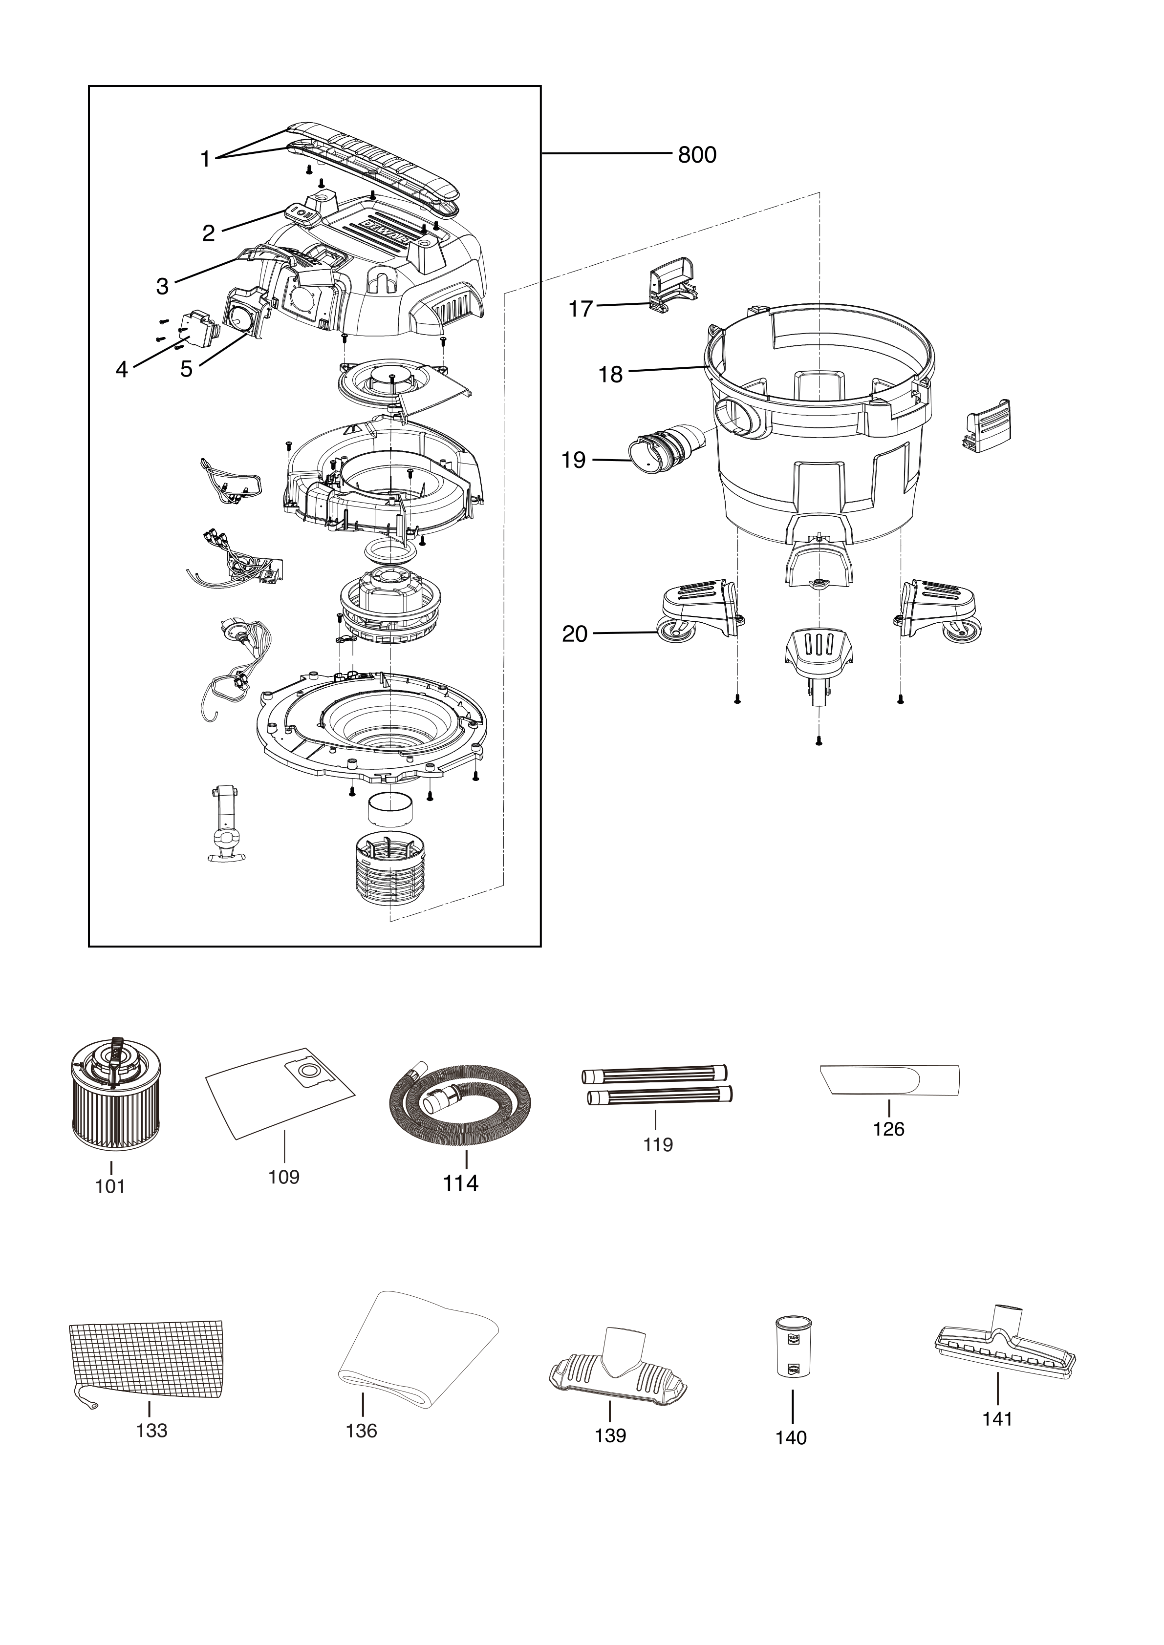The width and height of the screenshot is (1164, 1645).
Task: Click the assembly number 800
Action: pyautogui.click(x=697, y=155)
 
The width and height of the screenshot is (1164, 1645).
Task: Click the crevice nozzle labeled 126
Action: pyautogui.click(x=889, y=1080)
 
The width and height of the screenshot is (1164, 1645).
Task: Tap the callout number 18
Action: pyautogui.click(x=611, y=375)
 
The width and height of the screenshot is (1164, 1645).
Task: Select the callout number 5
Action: pyautogui.click(x=186, y=369)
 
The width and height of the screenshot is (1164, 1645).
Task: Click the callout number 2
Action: pyautogui.click(x=209, y=233)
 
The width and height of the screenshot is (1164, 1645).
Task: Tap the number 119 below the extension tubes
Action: pyautogui.click(x=658, y=1144)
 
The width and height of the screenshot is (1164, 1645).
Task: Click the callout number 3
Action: pyautogui.click(x=163, y=287)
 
